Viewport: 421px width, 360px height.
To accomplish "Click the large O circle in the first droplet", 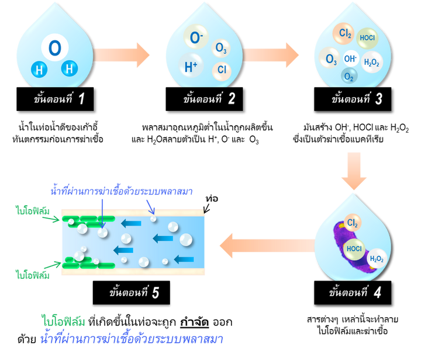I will click(54, 48).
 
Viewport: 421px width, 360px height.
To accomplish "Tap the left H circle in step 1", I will click(39, 70).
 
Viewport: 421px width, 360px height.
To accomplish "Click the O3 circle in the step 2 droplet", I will click(220, 48).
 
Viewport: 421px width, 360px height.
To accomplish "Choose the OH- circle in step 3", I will click(350, 59).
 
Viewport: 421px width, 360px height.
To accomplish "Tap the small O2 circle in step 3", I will click(349, 77).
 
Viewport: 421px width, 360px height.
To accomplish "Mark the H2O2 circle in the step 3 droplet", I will click(371, 62).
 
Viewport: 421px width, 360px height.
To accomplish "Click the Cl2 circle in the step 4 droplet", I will click(353, 223).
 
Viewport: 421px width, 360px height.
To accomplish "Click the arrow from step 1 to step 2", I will click(123, 54).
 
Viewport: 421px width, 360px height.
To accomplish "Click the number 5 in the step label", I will click(155, 292).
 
